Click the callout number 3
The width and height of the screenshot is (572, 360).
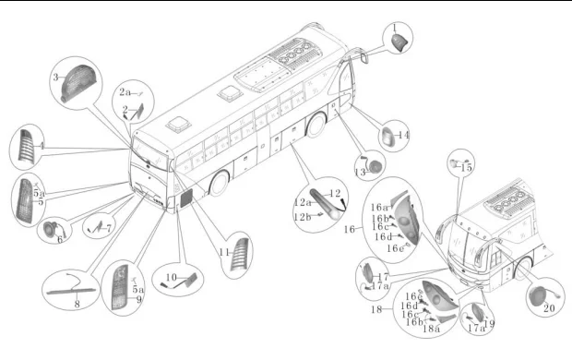(55, 78)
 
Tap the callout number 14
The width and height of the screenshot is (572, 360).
(403, 135)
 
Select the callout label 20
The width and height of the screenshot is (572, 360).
(549, 308)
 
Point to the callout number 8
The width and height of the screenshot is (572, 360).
(77, 304)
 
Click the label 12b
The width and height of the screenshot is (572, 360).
(303, 217)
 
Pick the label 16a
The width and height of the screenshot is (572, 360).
(380, 208)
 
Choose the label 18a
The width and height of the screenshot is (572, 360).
(431, 329)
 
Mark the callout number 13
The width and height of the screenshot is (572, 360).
(360, 172)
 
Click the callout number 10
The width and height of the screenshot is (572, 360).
(171, 278)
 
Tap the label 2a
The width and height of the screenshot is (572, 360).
(125, 92)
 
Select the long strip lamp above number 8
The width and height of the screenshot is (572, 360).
(72, 291)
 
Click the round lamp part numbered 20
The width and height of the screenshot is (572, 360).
(539, 295)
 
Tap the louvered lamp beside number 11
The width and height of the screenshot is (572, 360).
(240, 255)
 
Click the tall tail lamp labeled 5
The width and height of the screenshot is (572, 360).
(25, 201)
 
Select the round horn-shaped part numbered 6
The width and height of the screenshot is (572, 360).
(50, 229)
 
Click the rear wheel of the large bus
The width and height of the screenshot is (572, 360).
(316, 125)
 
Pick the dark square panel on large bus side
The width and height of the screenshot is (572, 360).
(186, 198)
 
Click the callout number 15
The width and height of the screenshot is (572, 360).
(466, 168)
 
